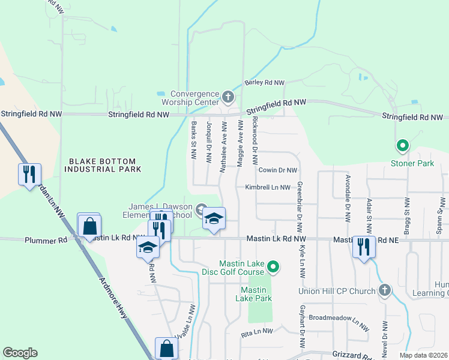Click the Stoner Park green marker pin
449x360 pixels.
click(x=402, y=145)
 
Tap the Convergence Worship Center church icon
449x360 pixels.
click(x=228, y=96)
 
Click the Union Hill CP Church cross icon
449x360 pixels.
click(x=385, y=291)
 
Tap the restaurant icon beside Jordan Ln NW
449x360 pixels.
click(x=29, y=175)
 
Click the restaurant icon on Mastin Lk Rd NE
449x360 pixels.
click(x=364, y=247)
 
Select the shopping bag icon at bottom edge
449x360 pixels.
click(x=166, y=349)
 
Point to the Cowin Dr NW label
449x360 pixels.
click(x=278, y=170)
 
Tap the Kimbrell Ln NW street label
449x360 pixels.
click(x=267, y=187)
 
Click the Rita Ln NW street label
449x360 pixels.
click(x=257, y=331)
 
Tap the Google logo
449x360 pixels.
click(x=20, y=353)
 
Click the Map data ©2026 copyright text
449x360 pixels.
click(x=423, y=355)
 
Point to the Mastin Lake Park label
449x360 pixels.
click(x=253, y=294)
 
